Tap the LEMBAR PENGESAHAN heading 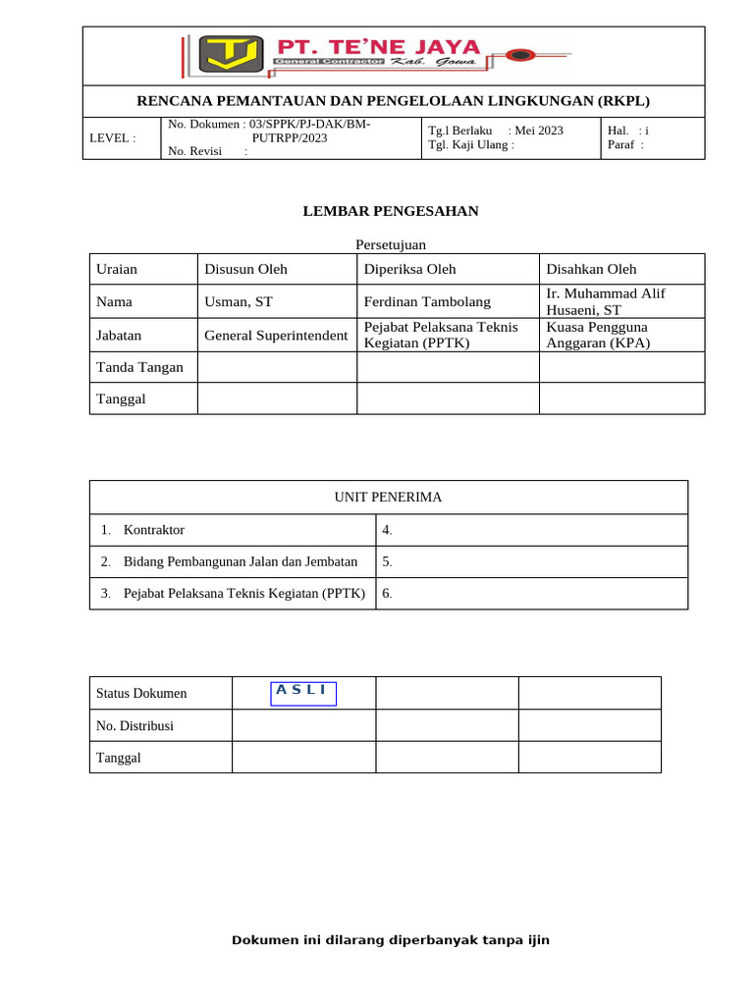[x=391, y=211]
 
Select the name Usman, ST [x=239, y=302]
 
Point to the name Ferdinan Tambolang [x=427, y=302]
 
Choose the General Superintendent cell [x=276, y=336]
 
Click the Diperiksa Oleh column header [x=409, y=269]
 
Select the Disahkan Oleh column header [x=591, y=269]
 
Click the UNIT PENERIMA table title [x=388, y=498]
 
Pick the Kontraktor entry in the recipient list [x=154, y=530]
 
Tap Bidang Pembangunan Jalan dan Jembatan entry [x=241, y=562]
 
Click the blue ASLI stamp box [x=302, y=692]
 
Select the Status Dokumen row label [x=141, y=693]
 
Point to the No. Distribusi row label [x=135, y=725]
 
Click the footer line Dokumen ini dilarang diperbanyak [x=391, y=940]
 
